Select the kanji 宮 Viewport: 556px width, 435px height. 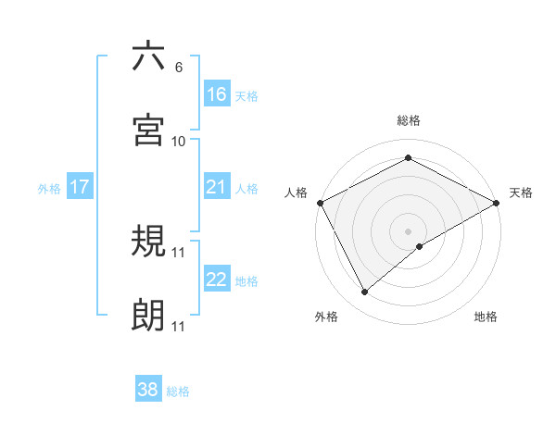(x=148, y=130)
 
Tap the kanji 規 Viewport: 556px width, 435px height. (x=148, y=242)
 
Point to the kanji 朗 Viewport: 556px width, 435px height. (x=148, y=316)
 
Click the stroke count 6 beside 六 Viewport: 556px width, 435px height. (x=178, y=68)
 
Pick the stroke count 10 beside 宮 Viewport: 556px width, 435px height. (x=179, y=142)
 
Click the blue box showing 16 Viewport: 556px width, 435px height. (x=217, y=93)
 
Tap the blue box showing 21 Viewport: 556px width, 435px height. (x=217, y=187)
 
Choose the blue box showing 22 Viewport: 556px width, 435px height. (x=217, y=280)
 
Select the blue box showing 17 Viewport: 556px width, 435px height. (x=80, y=187)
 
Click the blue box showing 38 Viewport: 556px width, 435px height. (x=148, y=390)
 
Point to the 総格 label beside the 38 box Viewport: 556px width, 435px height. (x=179, y=391)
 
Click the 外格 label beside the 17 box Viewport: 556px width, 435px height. (x=49, y=188)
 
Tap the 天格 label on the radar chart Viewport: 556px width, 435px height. (x=522, y=193)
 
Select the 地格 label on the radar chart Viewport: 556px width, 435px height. (x=486, y=317)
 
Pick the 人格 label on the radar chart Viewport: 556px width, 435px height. (x=297, y=193)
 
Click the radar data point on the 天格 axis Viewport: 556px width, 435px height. (x=497, y=203)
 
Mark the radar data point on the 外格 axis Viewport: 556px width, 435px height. (x=365, y=292)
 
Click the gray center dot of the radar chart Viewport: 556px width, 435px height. (x=409, y=230)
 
